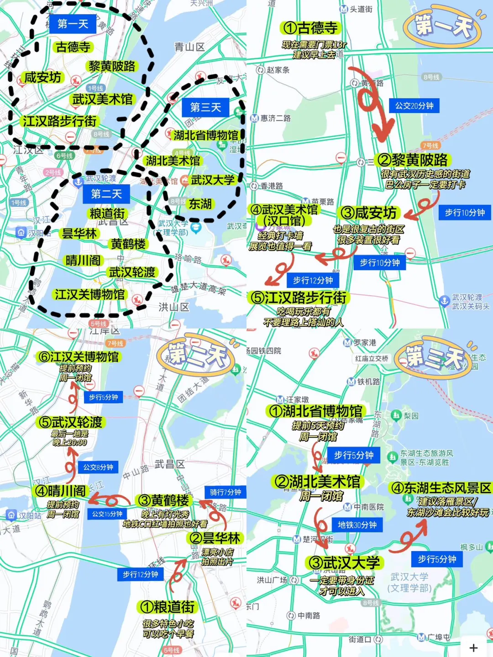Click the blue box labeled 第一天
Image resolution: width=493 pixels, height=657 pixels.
[x=73, y=24]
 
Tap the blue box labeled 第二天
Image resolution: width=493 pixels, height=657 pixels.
[x=106, y=194]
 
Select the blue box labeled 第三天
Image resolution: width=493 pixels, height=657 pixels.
[x=205, y=107]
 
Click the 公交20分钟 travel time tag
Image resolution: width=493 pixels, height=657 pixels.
[x=414, y=106]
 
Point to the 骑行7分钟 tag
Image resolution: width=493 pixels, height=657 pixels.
[x=226, y=492]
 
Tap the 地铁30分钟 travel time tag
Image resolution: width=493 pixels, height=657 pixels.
[x=357, y=525]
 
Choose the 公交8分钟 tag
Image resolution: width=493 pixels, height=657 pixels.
[x=98, y=467]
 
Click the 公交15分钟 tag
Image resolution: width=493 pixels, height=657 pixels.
[x=107, y=514]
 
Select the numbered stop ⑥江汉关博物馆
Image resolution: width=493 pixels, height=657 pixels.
[x=79, y=357]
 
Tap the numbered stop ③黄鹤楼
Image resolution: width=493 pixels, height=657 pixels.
[x=163, y=501]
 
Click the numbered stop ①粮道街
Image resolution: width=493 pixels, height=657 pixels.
[x=168, y=607]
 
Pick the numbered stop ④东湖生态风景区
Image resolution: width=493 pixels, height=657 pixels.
[x=441, y=488]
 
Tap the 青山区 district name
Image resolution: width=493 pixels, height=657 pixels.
[x=189, y=47]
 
